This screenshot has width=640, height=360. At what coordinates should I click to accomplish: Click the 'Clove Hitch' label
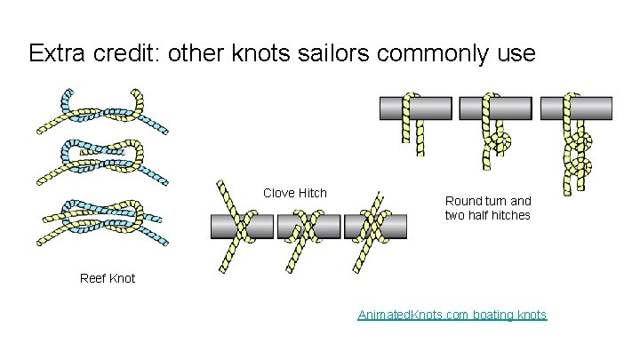295,193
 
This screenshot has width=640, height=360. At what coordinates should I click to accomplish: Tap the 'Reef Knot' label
108,278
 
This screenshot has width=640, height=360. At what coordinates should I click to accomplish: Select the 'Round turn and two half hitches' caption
487,208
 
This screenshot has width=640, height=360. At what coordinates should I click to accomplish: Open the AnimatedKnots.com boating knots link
452,315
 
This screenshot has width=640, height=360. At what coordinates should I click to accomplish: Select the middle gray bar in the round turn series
494,108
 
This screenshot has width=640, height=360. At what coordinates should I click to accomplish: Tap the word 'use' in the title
516,53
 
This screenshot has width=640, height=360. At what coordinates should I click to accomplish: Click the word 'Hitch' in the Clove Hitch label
311,193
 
